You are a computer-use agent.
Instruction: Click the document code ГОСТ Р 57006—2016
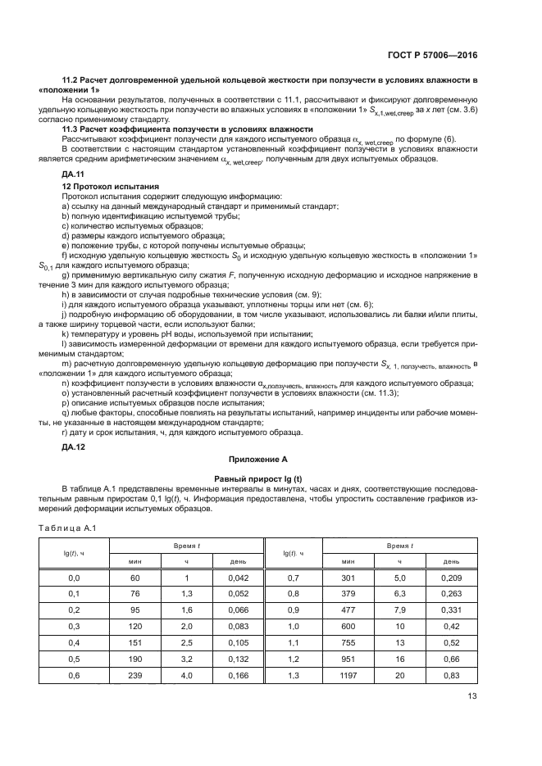click(433, 55)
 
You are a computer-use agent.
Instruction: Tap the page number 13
click(471, 696)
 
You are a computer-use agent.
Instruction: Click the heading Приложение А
click(271, 460)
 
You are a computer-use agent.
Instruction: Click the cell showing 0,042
click(226, 578)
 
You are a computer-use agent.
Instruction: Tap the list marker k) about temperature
click(65, 333)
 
